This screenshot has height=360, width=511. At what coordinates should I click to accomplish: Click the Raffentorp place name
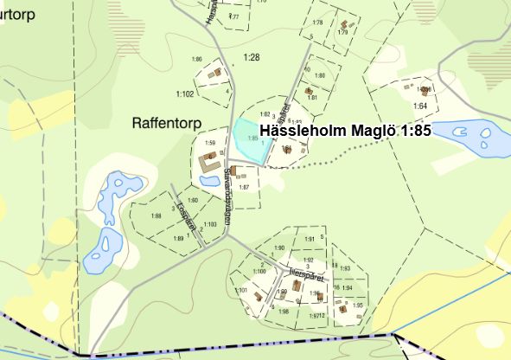169,123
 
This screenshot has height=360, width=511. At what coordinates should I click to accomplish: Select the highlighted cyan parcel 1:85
248,138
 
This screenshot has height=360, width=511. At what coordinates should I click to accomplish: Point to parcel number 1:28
252,57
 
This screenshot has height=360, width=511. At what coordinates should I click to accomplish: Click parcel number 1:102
184,93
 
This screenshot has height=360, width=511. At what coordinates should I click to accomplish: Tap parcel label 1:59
209,143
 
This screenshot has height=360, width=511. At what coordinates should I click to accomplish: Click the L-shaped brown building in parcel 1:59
208,161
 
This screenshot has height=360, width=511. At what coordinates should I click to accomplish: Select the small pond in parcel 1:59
209,181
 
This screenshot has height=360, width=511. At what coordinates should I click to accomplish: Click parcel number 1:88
156,215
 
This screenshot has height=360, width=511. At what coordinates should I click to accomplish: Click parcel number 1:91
310,239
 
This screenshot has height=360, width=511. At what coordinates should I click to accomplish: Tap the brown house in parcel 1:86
217,73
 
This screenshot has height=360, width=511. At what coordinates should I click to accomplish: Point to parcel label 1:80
320,76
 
